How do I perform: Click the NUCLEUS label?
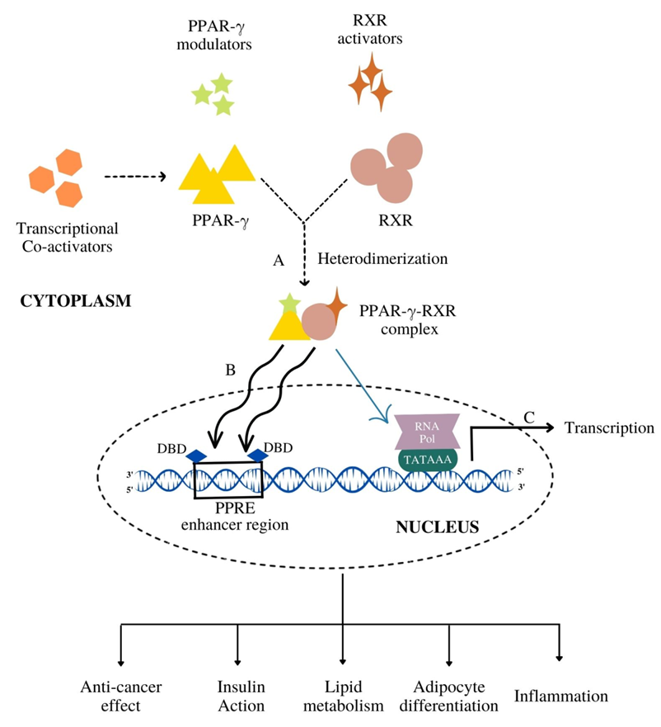tap(438, 526)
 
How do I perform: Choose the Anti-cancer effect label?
tap(121, 696)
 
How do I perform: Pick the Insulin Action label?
tap(241, 696)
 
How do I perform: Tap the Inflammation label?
tap(560, 696)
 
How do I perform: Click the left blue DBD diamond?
tap(196, 456)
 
